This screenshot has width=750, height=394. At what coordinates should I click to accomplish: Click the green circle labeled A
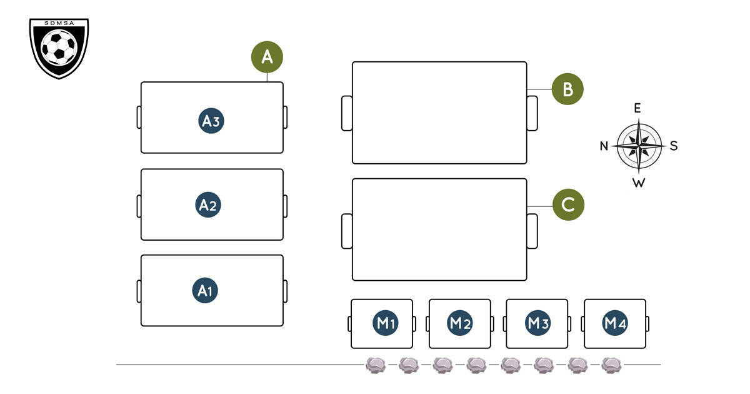click(267, 57)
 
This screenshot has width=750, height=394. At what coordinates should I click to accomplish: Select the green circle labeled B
click(567, 89)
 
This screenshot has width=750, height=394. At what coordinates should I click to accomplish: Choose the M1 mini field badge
click(386, 323)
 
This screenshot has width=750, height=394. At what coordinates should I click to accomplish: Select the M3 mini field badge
click(538, 323)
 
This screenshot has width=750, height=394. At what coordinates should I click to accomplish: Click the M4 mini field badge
click(615, 323)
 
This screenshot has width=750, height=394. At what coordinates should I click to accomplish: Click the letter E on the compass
click(637, 108)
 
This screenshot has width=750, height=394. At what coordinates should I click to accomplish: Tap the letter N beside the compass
click(604, 146)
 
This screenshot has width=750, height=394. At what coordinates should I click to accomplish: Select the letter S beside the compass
click(674, 146)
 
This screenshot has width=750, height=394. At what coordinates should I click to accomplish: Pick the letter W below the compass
click(638, 183)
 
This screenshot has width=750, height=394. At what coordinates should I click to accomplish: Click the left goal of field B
click(347, 113)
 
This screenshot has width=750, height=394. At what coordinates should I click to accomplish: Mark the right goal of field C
click(532, 231)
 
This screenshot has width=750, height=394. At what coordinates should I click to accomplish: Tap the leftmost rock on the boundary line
click(375, 365)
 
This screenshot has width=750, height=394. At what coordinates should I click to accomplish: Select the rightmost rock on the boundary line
click(611, 365)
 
